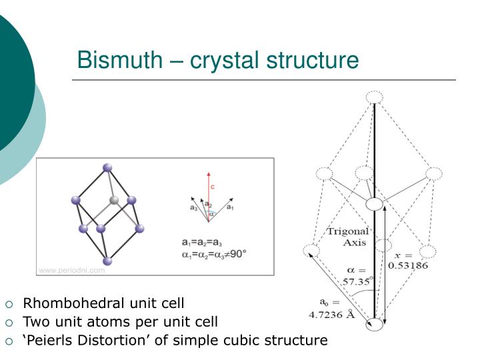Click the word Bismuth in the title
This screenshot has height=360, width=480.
pyautogui.click(x=118, y=61)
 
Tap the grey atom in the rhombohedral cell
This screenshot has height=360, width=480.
pyautogui.click(x=114, y=200)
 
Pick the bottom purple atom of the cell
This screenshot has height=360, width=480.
pyautogui.click(x=107, y=261)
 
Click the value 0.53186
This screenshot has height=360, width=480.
pyautogui.click(x=408, y=265)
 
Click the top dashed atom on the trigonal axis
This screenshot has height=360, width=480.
pyautogui.click(x=375, y=97)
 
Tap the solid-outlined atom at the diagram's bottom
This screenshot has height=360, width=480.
pyautogui.click(x=375, y=325)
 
